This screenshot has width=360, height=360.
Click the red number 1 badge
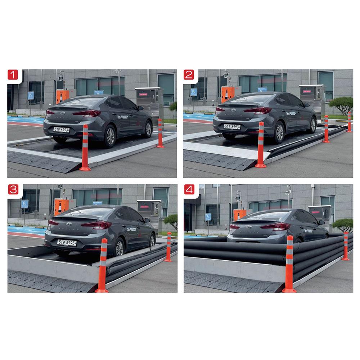pyautogui.click(x=13, y=75)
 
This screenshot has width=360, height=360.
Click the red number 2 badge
pyautogui.click(x=189, y=75)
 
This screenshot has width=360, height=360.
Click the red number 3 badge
pyautogui.click(x=13, y=190)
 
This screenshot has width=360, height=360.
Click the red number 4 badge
pyautogui.click(x=189, y=190)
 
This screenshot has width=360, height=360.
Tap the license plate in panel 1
pyautogui.click(x=61, y=130)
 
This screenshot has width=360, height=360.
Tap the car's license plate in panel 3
pyautogui.click(x=67, y=243)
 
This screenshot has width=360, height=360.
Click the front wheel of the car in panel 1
pyautogui.click(x=148, y=129)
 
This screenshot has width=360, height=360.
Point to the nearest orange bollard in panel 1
pyautogui.click(x=85, y=148)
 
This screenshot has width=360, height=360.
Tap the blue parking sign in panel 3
pyautogui.click(x=24, y=204)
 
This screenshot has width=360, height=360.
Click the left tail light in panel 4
pyautogui.click(x=235, y=226)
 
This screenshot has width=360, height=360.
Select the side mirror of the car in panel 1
pyautogui.click(x=140, y=108)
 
